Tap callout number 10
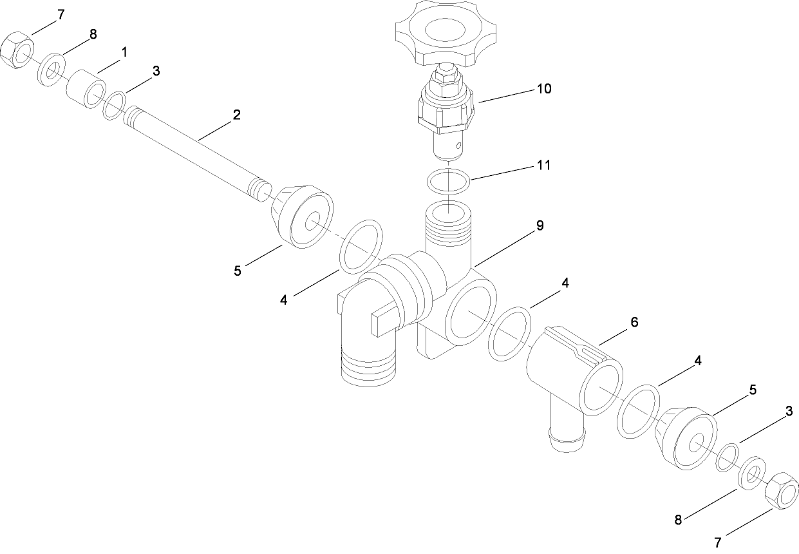[544, 88]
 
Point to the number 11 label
[543, 166]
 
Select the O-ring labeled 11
[449, 181]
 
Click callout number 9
[540, 225]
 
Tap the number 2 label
[237, 115]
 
